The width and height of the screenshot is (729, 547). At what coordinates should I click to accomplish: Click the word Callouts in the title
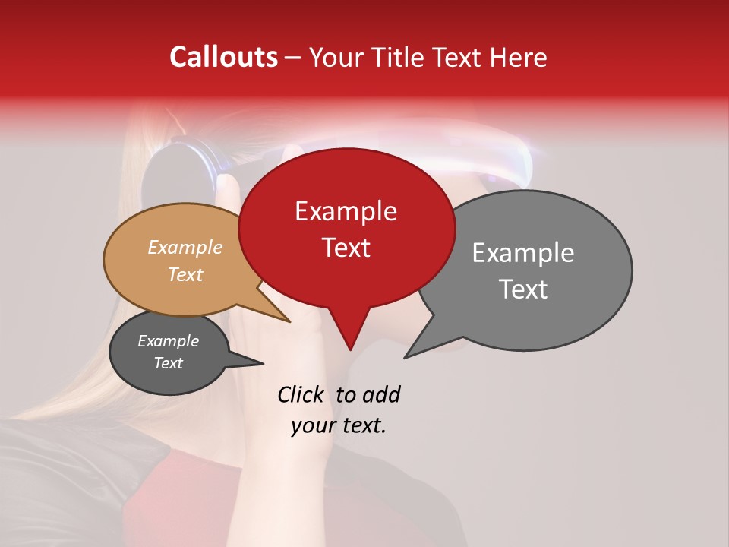pyautogui.click(x=223, y=57)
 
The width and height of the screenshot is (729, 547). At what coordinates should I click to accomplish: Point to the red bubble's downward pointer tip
pyautogui.click(x=350, y=349)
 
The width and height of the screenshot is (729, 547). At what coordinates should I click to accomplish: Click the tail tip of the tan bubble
pyautogui.click(x=290, y=322)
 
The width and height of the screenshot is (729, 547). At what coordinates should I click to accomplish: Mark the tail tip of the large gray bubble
pyautogui.click(x=405, y=358)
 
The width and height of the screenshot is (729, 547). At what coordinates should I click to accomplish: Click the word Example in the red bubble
pyautogui.click(x=346, y=211)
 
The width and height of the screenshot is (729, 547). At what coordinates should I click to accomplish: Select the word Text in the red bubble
pyautogui.click(x=346, y=248)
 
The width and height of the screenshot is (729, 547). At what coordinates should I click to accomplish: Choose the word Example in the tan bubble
pyautogui.click(x=185, y=247)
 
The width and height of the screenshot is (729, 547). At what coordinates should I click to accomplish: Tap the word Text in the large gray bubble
pyautogui.click(x=523, y=289)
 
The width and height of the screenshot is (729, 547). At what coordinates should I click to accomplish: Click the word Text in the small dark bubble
pyautogui.click(x=168, y=363)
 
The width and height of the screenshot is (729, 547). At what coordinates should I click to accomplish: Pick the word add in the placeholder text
pyautogui.click(x=381, y=394)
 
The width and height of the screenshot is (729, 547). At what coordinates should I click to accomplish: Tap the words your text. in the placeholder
pyautogui.click(x=338, y=425)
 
